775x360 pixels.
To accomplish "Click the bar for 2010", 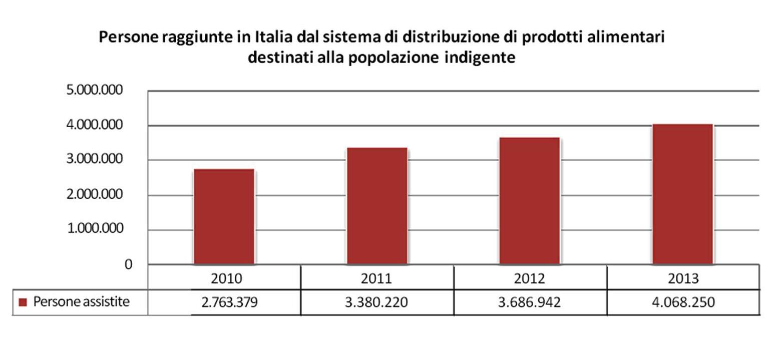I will click(x=224, y=216).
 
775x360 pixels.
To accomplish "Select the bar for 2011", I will click(x=376, y=206).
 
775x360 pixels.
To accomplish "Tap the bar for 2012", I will click(x=529, y=200).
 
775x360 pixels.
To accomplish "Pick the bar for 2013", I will click(x=682, y=194).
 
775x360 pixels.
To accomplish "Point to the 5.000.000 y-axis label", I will click(x=95, y=91).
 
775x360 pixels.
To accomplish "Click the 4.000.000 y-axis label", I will click(x=95, y=125).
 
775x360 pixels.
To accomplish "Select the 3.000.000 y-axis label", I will click(x=95, y=160).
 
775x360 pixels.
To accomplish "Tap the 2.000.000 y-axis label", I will click(x=95, y=195).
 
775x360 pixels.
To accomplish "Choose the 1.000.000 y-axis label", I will click(x=95, y=229).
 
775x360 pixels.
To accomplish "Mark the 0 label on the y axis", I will click(x=129, y=264).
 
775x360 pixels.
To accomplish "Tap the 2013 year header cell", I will click(x=683, y=278).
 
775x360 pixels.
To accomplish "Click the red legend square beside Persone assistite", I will click(x=22, y=302).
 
